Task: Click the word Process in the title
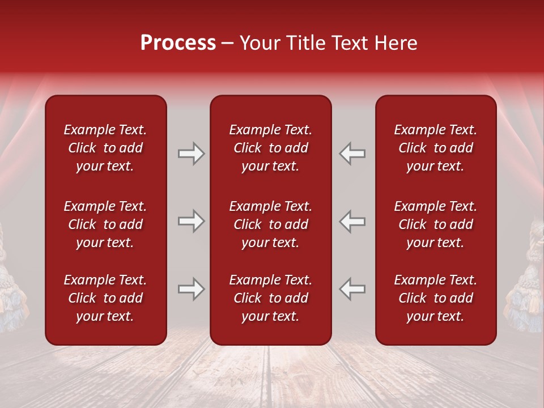[x=178, y=43]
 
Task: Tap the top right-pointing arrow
[x=191, y=154]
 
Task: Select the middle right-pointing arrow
[x=191, y=222]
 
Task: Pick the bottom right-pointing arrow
[x=191, y=290]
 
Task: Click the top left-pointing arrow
[x=352, y=154]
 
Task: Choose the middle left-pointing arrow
[x=352, y=222]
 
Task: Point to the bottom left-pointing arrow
[x=352, y=290]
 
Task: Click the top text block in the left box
[x=105, y=148]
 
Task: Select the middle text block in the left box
[x=105, y=224]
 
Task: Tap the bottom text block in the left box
[x=105, y=298]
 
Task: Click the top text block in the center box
[x=270, y=148]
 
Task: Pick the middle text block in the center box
[x=270, y=224]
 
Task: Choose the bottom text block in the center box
[x=270, y=298]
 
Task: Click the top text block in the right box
[x=436, y=148]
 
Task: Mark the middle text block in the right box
[x=436, y=224]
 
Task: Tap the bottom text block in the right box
[x=436, y=298]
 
